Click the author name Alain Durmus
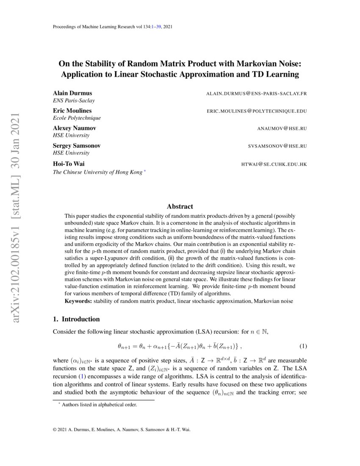pyautogui.click(x=72, y=93)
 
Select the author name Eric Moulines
pyautogui.click(x=72, y=111)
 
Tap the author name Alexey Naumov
pyautogui.click(x=75, y=128)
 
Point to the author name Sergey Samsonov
pyautogui.click(x=77, y=145)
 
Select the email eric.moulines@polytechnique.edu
pyautogui.click(x=257, y=111)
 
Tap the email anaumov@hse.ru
pyautogui.click(x=282, y=128)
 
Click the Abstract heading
pyautogui.click(x=180, y=207)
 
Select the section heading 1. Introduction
pyautogui.click(x=76, y=319)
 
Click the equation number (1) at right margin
pyautogui.click(x=303, y=346)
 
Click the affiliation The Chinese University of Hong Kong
pyautogui.click(x=97, y=172)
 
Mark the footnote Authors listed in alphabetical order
pyautogui.click(x=99, y=405)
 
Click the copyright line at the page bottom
pyautogui.click(x=122, y=429)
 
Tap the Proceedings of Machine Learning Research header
pyautogui.click(x=112, y=27)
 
